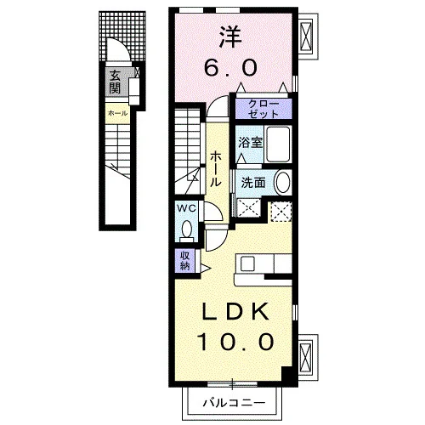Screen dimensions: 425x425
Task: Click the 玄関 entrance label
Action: tap(115, 82)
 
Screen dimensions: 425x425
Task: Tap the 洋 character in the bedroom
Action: tap(231, 37)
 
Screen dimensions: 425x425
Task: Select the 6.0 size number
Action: tap(231, 68)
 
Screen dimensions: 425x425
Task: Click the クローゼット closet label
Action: tap(263, 109)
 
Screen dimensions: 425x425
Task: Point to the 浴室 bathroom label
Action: tap(250, 143)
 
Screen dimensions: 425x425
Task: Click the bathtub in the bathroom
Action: tap(278, 144)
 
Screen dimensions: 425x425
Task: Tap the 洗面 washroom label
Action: tap(253, 183)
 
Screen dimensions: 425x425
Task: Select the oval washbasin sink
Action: tap(282, 183)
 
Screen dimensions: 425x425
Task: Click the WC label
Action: tap(186, 208)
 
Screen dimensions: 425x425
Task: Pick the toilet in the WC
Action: tap(186, 231)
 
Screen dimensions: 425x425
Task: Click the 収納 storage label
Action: tap(184, 261)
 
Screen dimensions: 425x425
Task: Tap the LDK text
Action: tap(235, 312)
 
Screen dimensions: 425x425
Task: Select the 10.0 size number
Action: tap(235, 342)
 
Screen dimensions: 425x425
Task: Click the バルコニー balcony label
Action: tap(235, 402)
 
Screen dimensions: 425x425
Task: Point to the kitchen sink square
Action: tap(247, 264)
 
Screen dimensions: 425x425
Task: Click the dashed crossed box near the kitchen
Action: tap(280, 212)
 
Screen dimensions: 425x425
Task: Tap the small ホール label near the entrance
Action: tap(117, 113)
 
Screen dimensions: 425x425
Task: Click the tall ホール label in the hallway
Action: tap(216, 168)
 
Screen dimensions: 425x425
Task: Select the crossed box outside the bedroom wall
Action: tap(305, 37)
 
